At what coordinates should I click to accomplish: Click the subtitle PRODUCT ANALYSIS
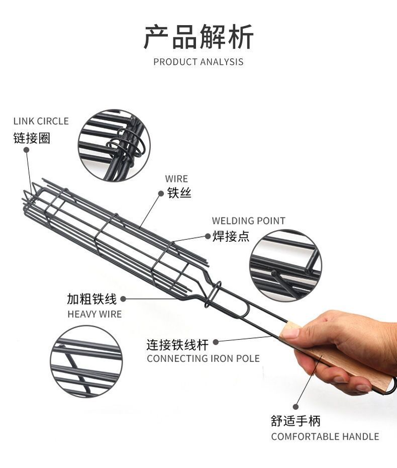pyautogui.click(x=198, y=62)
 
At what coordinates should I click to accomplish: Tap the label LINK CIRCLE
pyautogui.click(x=41, y=121)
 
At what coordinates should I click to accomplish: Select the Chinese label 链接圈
pyautogui.click(x=32, y=138)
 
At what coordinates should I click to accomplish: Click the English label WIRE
pyautogui.click(x=176, y=178)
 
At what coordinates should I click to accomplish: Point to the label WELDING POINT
pyautogui.click(x=248, y=221)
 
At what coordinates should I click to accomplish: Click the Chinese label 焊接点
pyautogui.click(x=231, y=236)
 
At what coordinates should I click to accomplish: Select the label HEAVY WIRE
pyautogui.click(x=94, y=314)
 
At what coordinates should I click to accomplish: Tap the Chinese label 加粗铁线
pyautogui.click(x=92, y=299)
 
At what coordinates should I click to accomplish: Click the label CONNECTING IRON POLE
pyautogui.click(x=203, y=358)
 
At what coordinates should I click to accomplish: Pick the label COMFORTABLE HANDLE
pyautogui.click(x=325, y=436)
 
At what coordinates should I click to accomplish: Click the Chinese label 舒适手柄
pyautogui.click(x=295, y=421)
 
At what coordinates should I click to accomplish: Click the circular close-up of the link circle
pyautogui.click(x=114, y=145)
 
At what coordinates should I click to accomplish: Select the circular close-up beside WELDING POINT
pyautogui.click(x=285, y=265)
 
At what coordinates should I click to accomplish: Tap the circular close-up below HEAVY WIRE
pyautogui.click(x=86, y=361)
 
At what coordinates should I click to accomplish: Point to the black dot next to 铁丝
pyautogui.click(x=162, y=193)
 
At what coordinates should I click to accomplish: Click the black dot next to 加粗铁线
pyautogui.click(x=123, y=299)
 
